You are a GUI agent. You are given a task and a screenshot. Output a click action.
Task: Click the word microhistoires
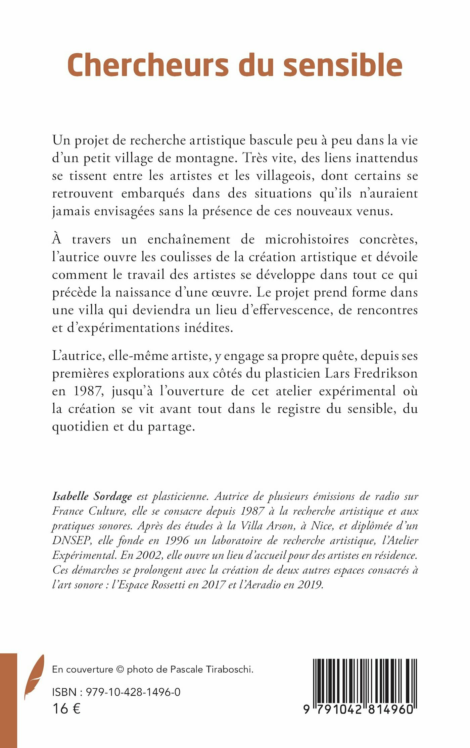click(x=307, y=240)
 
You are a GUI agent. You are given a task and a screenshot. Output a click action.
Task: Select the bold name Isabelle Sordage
click(x=92, y=497)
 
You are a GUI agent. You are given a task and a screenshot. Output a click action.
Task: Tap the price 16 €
click(x=66, y=709)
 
